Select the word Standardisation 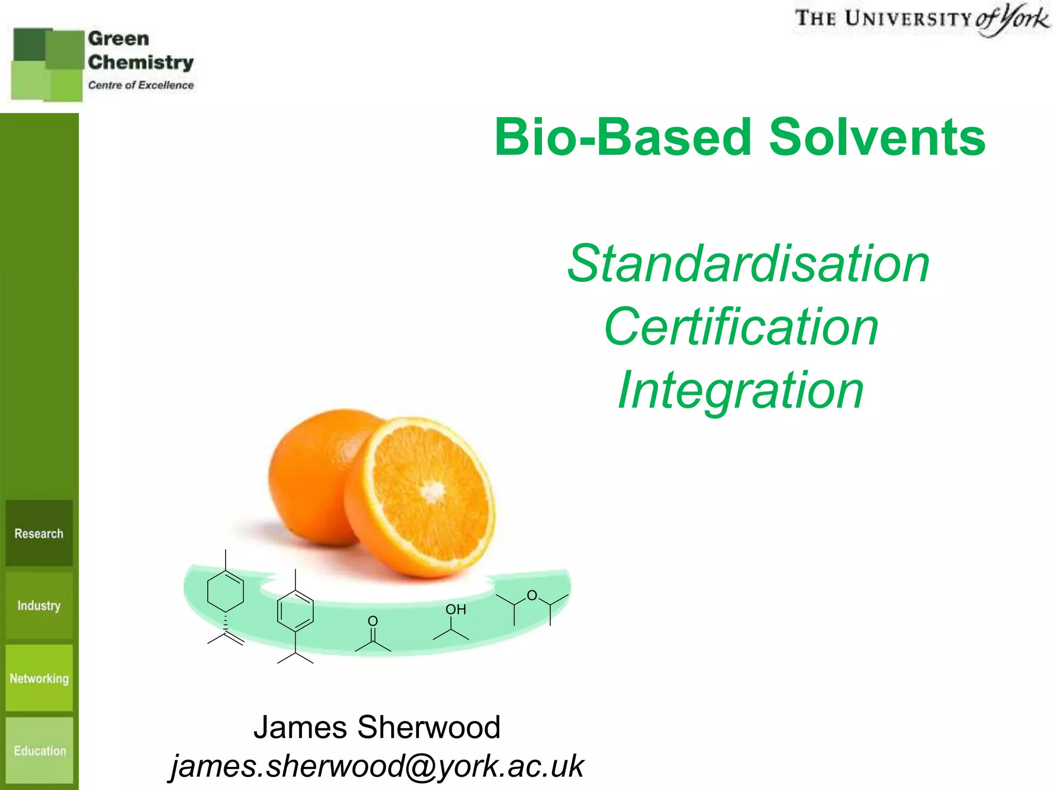(x=748, y=263)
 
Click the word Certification (x=741, y=327)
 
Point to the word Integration (x=741, y=391)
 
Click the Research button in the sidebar (x=39, y=533)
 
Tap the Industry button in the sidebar (x=39, y=605)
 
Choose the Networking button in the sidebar (x=39, y=678)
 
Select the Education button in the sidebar (x=40, y=751)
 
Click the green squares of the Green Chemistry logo (x=47, y=64)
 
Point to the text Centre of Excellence (x=141, y=85)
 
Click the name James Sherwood (x=377, y=727)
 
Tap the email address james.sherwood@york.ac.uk (x=377, y=766)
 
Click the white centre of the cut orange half (x=433, y=491)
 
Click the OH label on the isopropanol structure (x=456, y=609)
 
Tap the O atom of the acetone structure (x=373, y=621)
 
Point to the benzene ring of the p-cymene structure (x=295, y=611)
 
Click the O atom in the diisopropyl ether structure (x=532, y=596)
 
